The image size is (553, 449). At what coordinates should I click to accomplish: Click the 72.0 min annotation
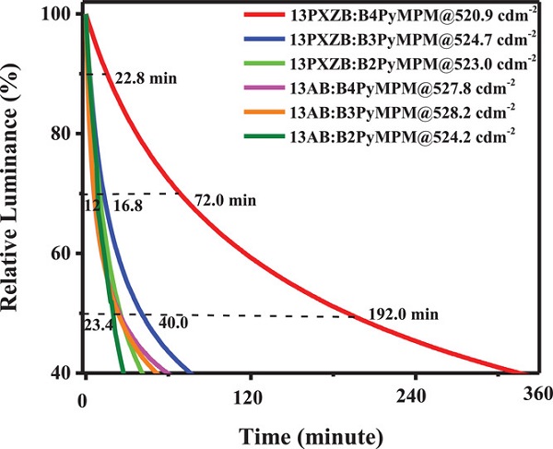225,200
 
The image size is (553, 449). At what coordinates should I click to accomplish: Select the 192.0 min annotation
402,313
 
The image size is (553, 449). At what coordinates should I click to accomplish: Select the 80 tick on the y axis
65,135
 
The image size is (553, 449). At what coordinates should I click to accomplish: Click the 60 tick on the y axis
65,254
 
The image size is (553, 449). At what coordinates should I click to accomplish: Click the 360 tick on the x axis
535,396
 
